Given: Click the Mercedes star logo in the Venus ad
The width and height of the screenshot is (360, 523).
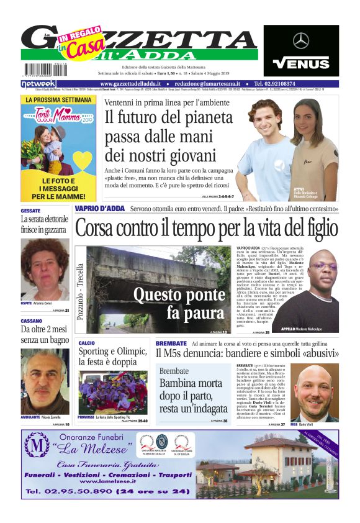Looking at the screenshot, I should click(301, 41).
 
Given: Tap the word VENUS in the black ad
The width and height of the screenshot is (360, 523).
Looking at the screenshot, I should click(301, 63).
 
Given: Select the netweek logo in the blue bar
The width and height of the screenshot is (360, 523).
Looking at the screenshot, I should click(38, 83).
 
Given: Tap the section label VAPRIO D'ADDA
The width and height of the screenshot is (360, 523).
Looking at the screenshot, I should click(100, 209).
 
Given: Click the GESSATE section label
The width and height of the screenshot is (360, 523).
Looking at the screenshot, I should click(30, 211).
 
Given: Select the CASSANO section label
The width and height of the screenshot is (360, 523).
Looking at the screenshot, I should click(32, 321).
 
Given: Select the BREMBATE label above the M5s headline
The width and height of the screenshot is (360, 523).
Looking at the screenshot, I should click(171, 343).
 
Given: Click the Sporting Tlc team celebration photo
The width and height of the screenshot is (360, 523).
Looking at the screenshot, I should click(106, 393).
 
